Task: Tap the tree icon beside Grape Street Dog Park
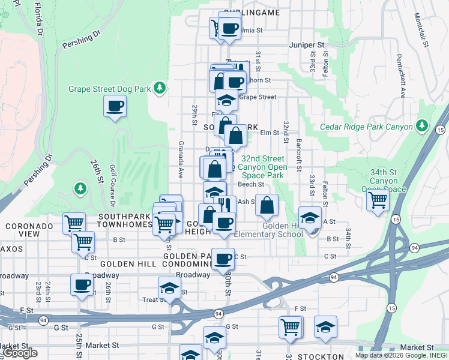(159, 89)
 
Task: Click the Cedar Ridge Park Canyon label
(366, 127)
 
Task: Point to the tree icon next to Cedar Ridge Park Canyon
(423, 125)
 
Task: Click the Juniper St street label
(306, 44)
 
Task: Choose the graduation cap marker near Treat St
(169, 287)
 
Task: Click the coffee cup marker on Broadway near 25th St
(82, 285)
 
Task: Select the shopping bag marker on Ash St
(267, 205)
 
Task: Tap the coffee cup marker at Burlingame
(229, 28)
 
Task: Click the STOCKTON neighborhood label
(321, 356)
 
